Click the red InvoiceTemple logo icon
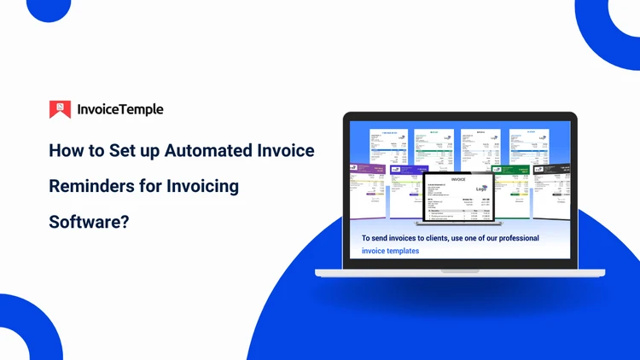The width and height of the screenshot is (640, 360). (60, 109)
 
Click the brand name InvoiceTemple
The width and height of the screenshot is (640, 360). (119, 109)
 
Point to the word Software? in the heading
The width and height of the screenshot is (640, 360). (89, 222)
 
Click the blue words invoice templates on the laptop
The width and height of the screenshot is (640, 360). (390, 251)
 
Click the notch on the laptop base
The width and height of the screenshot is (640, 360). (460, 271)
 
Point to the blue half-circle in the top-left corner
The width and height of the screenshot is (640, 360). (48, 9)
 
